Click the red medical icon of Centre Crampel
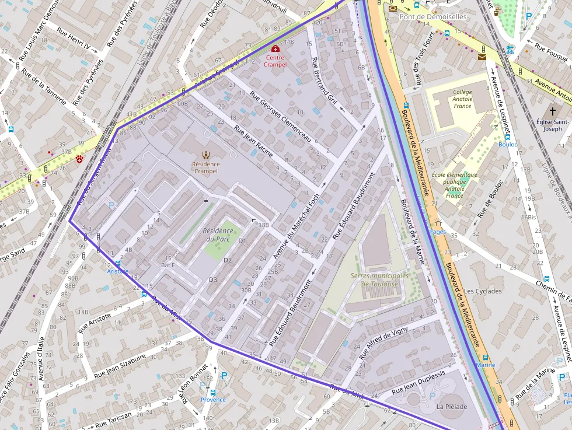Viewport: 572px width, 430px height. point(275,49)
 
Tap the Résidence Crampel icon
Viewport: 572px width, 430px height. point(205,155)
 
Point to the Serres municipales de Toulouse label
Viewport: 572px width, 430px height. point(374,280)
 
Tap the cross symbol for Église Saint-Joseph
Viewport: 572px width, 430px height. point(552,111)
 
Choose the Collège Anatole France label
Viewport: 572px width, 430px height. point(462,99)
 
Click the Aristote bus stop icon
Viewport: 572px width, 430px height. point(118,264)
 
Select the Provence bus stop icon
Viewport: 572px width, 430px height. point(212,392)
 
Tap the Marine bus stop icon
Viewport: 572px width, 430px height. point(485,358)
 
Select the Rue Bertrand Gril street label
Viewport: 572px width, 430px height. point(325,82)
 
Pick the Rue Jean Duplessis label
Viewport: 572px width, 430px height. point(418,382)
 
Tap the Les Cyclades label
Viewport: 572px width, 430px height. point(482,291)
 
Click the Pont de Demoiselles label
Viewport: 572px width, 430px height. point(433,17)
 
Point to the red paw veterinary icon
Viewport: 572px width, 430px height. point(79,159)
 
